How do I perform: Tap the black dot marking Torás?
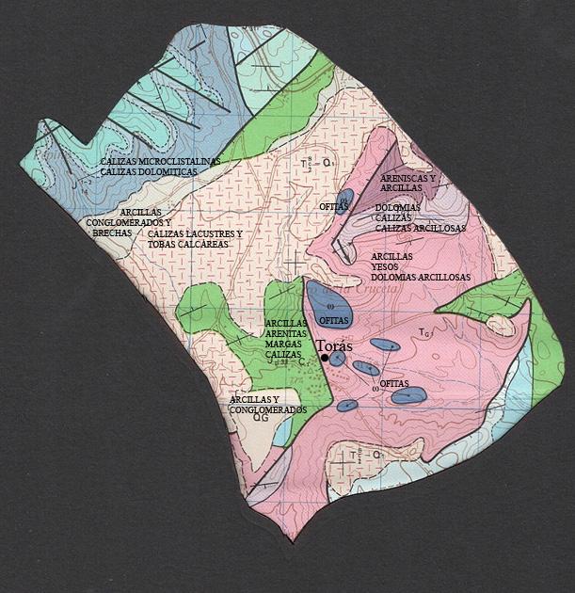click(324, 358)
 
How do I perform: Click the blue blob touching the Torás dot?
click(336, 359)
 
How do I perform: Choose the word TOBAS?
click(163, 245)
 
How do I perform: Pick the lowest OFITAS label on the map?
click(395, 383)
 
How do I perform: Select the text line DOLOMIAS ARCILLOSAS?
click(420, 277)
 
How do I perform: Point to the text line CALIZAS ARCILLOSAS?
click(420, 228)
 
